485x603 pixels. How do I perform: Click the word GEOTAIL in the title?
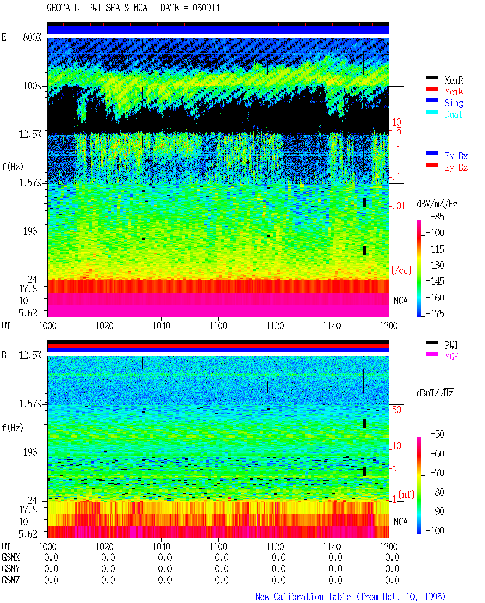[63, 8]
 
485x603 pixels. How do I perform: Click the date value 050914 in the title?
[206, 8]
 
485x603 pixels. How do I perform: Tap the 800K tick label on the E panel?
[32, 37]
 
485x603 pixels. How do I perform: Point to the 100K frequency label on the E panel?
[32, 86]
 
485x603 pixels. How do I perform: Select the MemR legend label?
[454, 80]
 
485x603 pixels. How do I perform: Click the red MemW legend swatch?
[432, 89]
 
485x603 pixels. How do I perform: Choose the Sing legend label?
[454, 103]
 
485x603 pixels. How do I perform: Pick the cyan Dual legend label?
[453, 114]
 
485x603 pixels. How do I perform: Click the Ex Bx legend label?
[456, 156]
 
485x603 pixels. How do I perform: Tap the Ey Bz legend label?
[456, 168]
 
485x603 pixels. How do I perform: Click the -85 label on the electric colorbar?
[437, 217]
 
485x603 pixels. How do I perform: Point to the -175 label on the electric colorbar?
[435, 313]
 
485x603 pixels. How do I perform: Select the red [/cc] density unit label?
[401, 270]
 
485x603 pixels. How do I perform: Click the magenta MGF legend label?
[451, 357]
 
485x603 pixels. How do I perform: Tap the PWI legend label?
[451, 345]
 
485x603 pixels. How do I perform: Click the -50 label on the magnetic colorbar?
[437, 434]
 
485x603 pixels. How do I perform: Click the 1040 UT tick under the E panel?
[161, 326]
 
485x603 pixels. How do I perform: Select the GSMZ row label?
[11, 580]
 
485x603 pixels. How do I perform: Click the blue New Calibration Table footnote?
[350, 597]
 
